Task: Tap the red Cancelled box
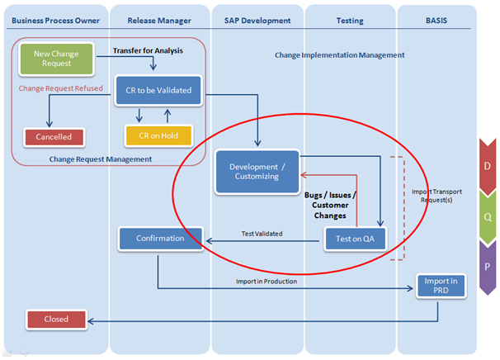pyautogui.click(x=54, y=136)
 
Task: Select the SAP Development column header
pyautogui.click(x=257, y=20)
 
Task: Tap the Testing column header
pyautogui.click(x=350, y=20)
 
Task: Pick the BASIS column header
pyautogui.click(x=436, y=20)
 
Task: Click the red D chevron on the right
pyautogui.click(x=487, y=166)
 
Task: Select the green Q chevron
pyautogui.click(x=487, y=216)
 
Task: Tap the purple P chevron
pyautogui.click(x=487, y=268)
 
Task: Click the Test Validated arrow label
pyautogui.click(x=262, y=234)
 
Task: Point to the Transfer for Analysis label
pyautogui.click(x=148, y=51)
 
